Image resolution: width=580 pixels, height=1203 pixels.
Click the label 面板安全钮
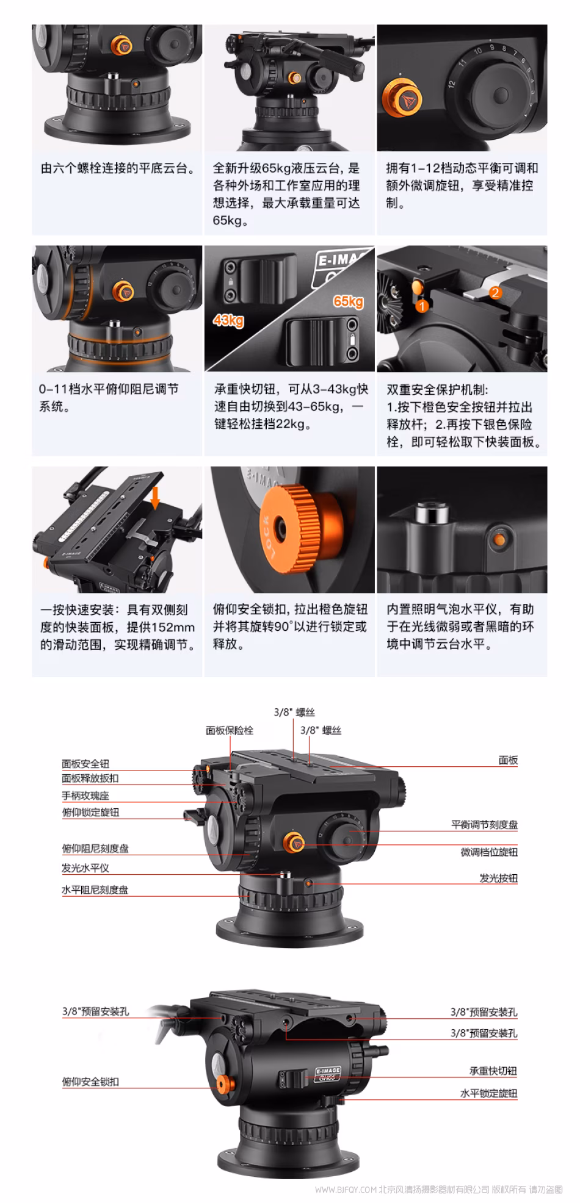85,763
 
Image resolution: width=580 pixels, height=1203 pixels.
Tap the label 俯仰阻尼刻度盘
95,848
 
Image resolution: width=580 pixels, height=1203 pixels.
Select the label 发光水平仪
85,867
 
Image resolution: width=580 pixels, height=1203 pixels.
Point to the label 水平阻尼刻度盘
95,889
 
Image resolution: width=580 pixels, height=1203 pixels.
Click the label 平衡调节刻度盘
484,824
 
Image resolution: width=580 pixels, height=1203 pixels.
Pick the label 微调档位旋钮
489,852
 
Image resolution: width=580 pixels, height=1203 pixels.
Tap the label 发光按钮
498,878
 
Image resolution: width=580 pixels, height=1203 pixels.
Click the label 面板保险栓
230,730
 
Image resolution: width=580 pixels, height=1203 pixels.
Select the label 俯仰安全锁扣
90,1082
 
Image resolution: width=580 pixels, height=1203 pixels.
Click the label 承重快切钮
493,1071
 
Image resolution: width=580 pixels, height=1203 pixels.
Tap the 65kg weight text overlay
349,301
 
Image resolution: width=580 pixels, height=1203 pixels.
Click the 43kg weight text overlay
228,320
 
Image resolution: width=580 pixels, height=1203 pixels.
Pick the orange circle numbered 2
495,292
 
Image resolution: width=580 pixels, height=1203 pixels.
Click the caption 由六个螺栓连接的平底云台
118,168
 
